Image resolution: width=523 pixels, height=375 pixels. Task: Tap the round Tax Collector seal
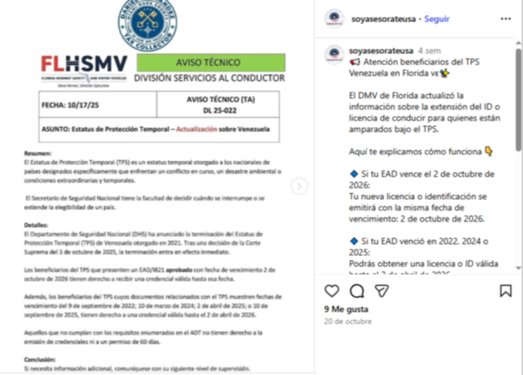click(147, 24)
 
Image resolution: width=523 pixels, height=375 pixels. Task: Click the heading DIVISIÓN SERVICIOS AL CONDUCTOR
click(209, 78)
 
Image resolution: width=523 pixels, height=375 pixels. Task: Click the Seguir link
click(437, 19)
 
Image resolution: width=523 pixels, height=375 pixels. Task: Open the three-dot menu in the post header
click(506, 19)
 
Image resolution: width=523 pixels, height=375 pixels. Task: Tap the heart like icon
click(332, 291)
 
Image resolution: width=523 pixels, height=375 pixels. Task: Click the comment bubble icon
click(357, 291)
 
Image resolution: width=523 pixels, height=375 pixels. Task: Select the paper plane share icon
click(382, 291)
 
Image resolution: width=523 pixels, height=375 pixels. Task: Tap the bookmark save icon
click(506, 291)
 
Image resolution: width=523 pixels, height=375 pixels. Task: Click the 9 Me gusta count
click(345, 310)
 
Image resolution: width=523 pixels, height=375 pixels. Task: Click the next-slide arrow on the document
click(299, 187)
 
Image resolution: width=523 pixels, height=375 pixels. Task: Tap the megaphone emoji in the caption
click(354, 62)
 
